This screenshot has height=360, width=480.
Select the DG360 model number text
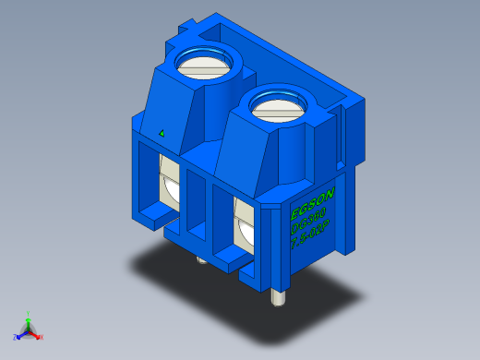click(x=310, y=222)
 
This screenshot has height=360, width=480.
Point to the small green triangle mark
click(x=162, y=133)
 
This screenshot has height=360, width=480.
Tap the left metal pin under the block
click(x=201, y=260)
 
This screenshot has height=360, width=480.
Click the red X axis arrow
click(x=36, y=334)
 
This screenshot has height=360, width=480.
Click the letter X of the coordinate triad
click(x=42, y=337)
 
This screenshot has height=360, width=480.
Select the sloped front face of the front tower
click(x=242, y=152)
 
